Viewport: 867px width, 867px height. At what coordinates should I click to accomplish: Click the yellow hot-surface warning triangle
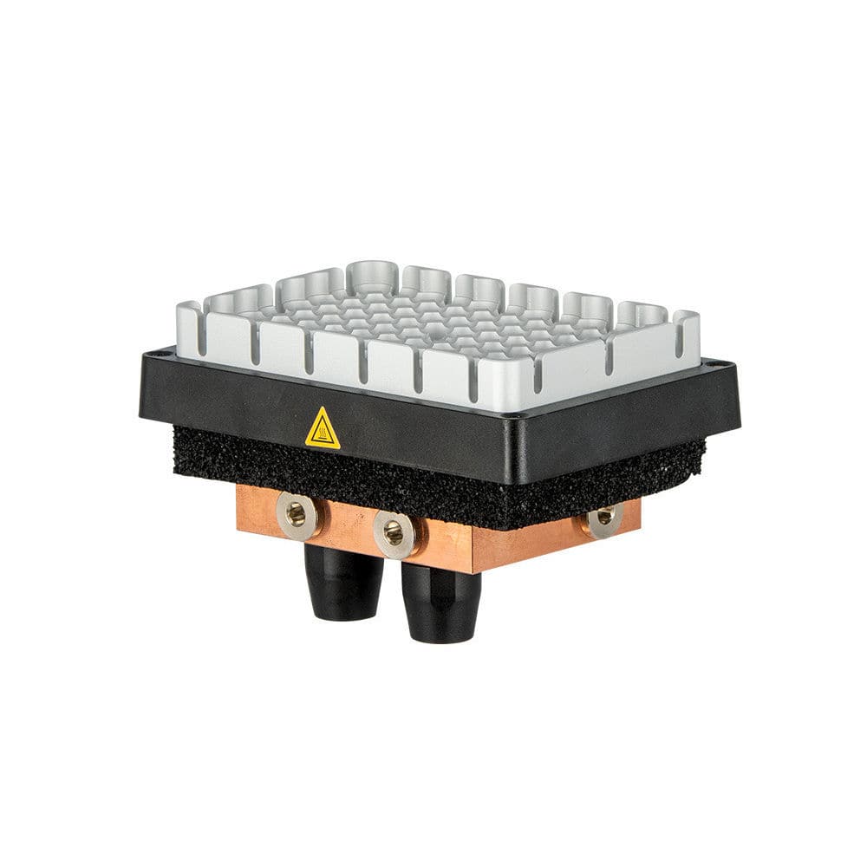pos(323,430)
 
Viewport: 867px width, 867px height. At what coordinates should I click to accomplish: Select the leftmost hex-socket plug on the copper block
pos(296,514)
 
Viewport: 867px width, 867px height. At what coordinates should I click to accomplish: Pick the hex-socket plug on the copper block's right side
pos(604,517)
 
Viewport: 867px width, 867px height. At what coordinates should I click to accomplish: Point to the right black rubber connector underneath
pos(441,603)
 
